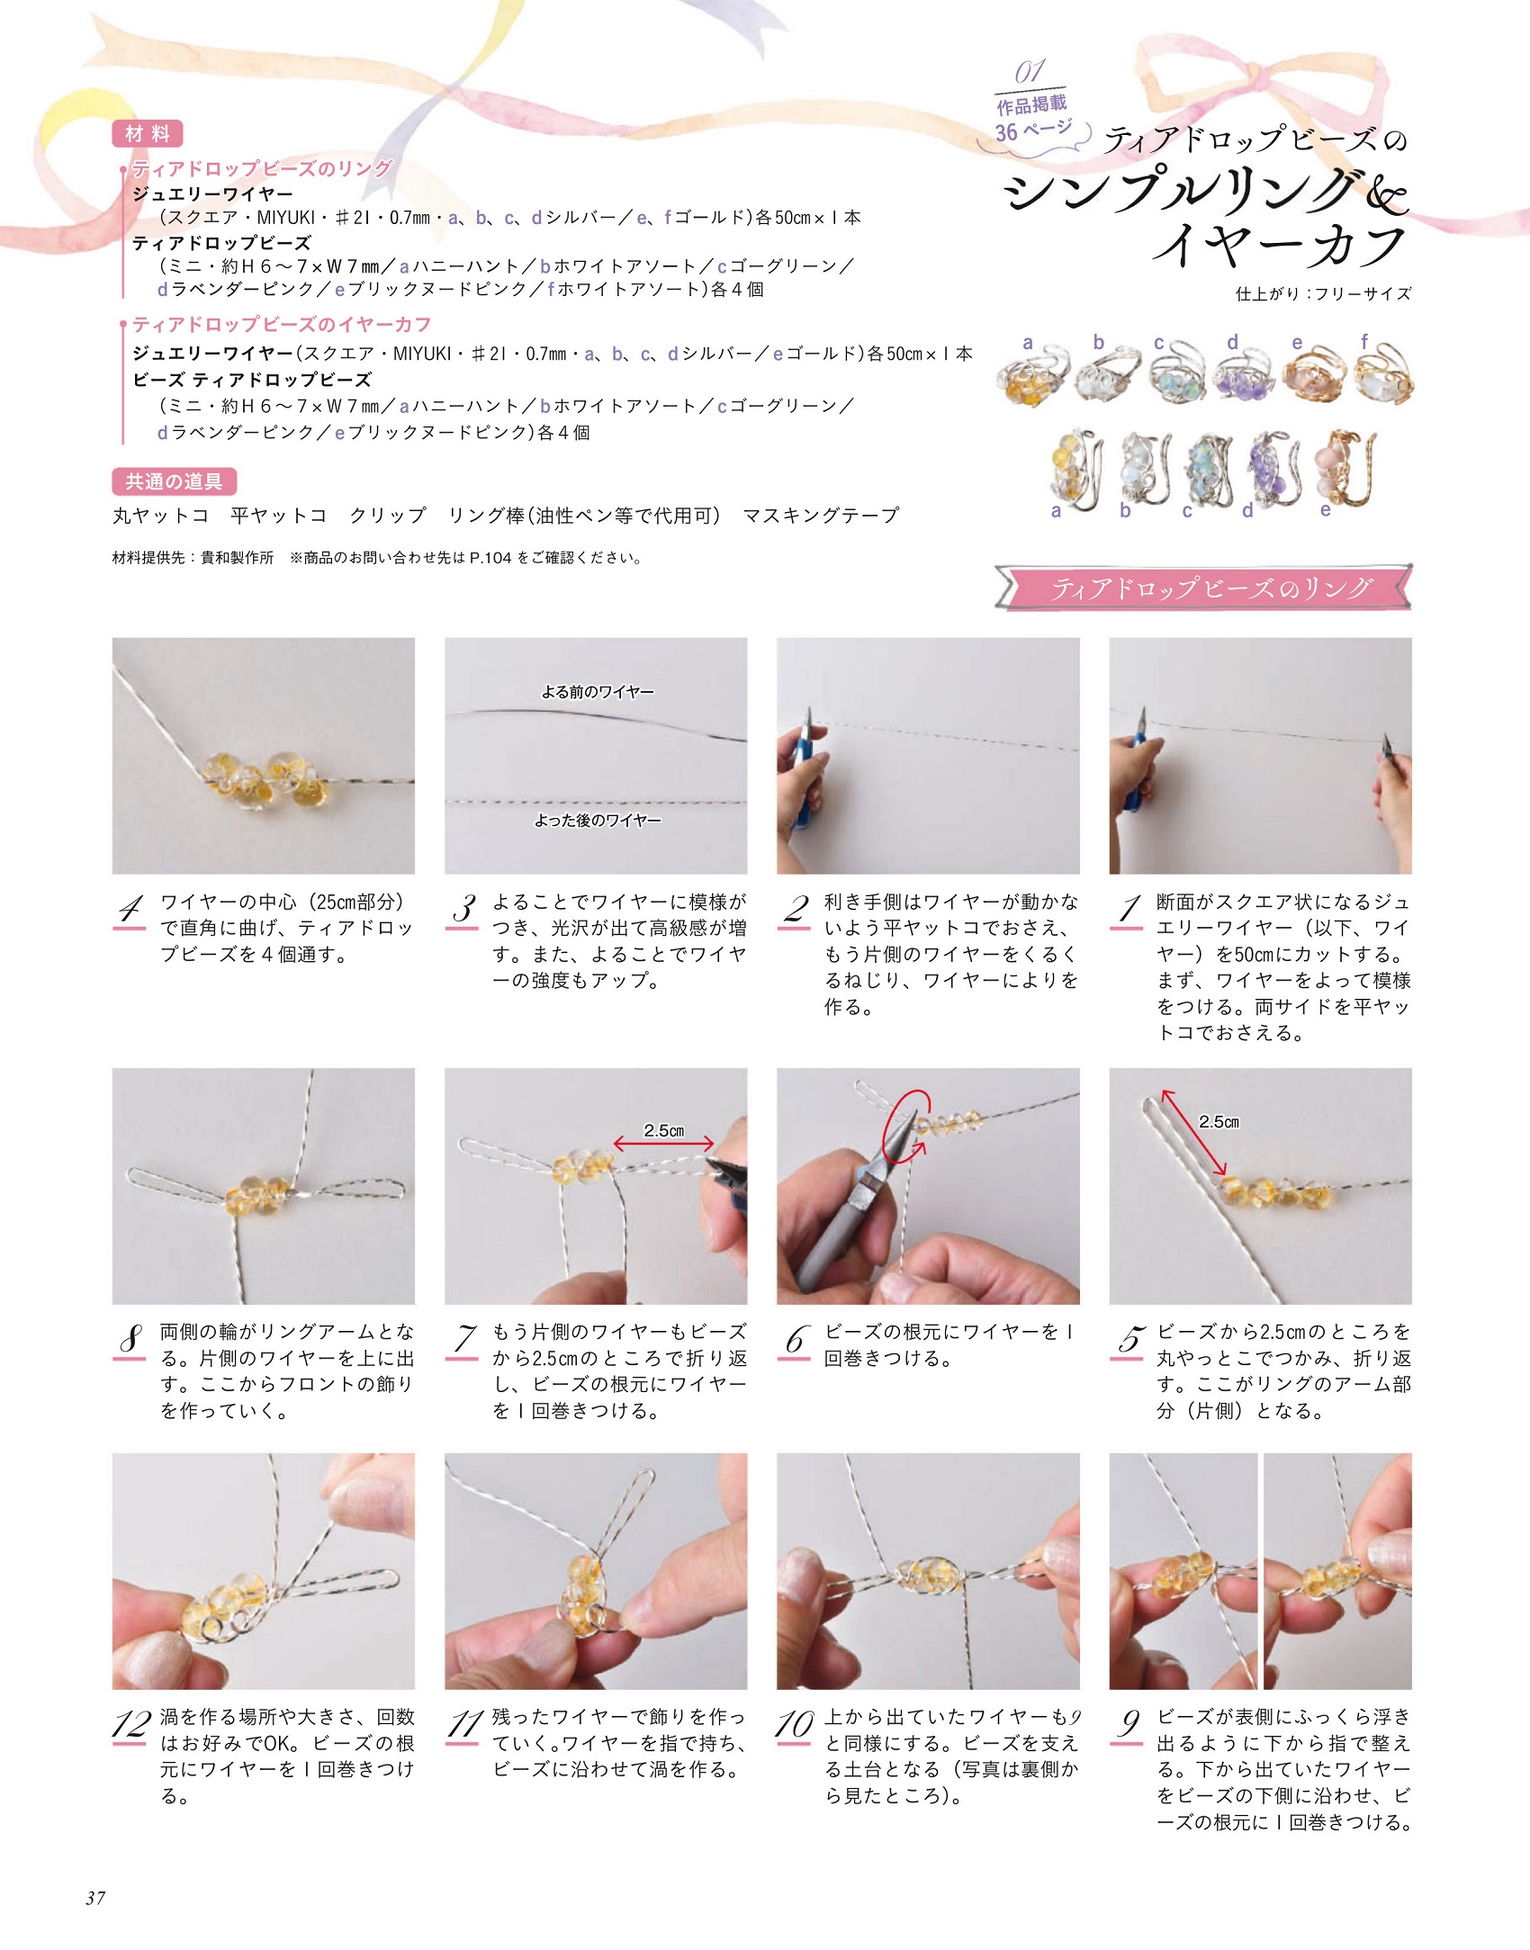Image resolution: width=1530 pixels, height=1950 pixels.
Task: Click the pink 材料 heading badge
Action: tap(148, 134)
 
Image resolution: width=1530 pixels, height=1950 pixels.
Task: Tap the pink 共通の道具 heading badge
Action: tap(175, 481)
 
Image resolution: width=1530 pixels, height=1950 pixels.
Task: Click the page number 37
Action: tap(95, 1898)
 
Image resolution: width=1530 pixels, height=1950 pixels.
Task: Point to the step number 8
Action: tap(130, 1341)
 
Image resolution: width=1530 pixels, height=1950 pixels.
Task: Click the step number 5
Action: tap(1129, 1340)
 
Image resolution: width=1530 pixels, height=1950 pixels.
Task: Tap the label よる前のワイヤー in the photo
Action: tap(598, 691)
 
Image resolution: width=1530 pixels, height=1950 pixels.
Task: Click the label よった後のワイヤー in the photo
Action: tap(598, 820)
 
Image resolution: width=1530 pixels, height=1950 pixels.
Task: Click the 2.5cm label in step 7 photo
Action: tap(664, 1130)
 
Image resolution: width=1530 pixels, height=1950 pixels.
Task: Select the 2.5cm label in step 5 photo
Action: tap(1219, 1121)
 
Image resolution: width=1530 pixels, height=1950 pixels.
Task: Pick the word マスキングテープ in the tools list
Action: tap(821, 516)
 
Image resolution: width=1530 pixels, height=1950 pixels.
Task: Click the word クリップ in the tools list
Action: tap(388, 516)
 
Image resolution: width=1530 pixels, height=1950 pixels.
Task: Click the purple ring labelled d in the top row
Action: tap(1246, 377)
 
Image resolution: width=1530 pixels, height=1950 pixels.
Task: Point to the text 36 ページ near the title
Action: tap(1033, 130)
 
